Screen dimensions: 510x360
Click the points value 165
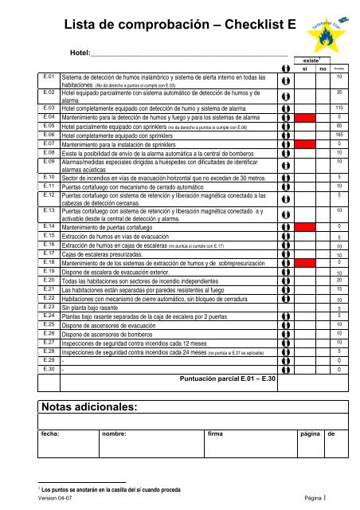click(x=339, y=135)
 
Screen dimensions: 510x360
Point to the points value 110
click(x=339, y=108)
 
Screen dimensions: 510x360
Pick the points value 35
click(x=339, y=93)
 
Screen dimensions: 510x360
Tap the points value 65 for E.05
click(x=339, y=126)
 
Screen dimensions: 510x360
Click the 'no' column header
click(x=323, y=69)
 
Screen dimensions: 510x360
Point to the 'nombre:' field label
click(x=120, y=435)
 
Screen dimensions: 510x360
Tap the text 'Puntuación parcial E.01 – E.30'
click(x=228, y=379)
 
